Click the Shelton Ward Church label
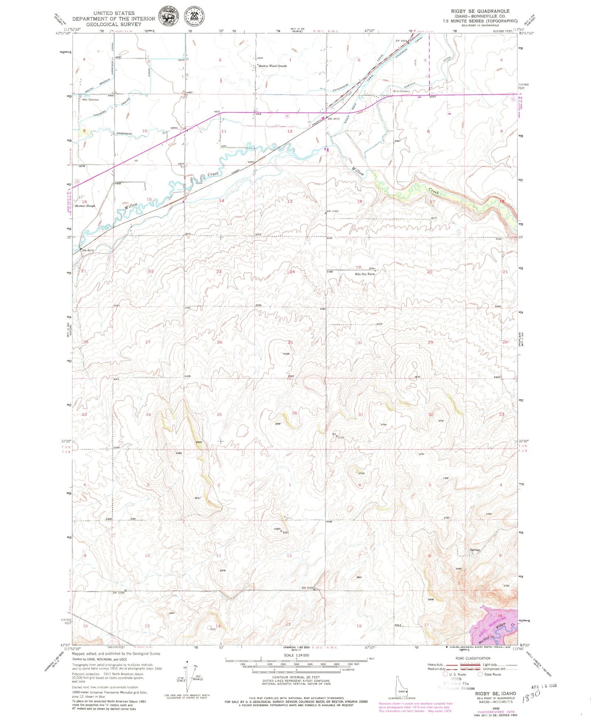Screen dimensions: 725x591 click(x=273, y=66)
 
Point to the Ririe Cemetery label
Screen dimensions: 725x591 click(x=401, y=91)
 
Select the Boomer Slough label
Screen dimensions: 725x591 click(x=85, y=206)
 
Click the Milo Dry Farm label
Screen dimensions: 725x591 click(x=365, y=273)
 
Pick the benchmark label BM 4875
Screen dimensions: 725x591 click(x=88, y=250)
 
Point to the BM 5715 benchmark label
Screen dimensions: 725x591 click(x=338, y=435)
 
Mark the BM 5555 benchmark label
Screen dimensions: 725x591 click(x=307, y=588)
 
